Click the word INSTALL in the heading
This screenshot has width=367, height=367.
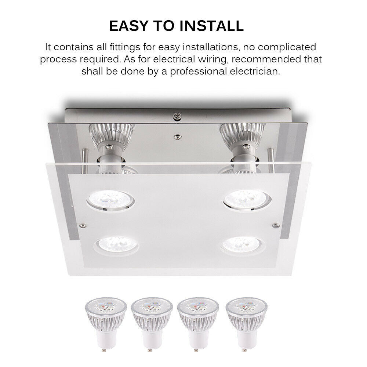tap(211, 26)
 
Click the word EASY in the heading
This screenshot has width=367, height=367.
tap(129, 26)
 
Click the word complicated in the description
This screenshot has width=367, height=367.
tap(287, 48)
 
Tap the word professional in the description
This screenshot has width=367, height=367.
tap(199, 72)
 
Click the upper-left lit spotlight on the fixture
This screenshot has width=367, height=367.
tap(110, 200)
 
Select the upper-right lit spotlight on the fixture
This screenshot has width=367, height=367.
tap(247, 200)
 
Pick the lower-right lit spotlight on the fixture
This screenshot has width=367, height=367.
tap(243, 245)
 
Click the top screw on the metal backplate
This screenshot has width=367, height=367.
tap(177, 116)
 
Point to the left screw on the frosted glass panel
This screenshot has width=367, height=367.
tap(83, 226)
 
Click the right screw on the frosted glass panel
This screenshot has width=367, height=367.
tap(276, 225)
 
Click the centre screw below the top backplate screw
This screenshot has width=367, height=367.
tap(178, 137)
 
